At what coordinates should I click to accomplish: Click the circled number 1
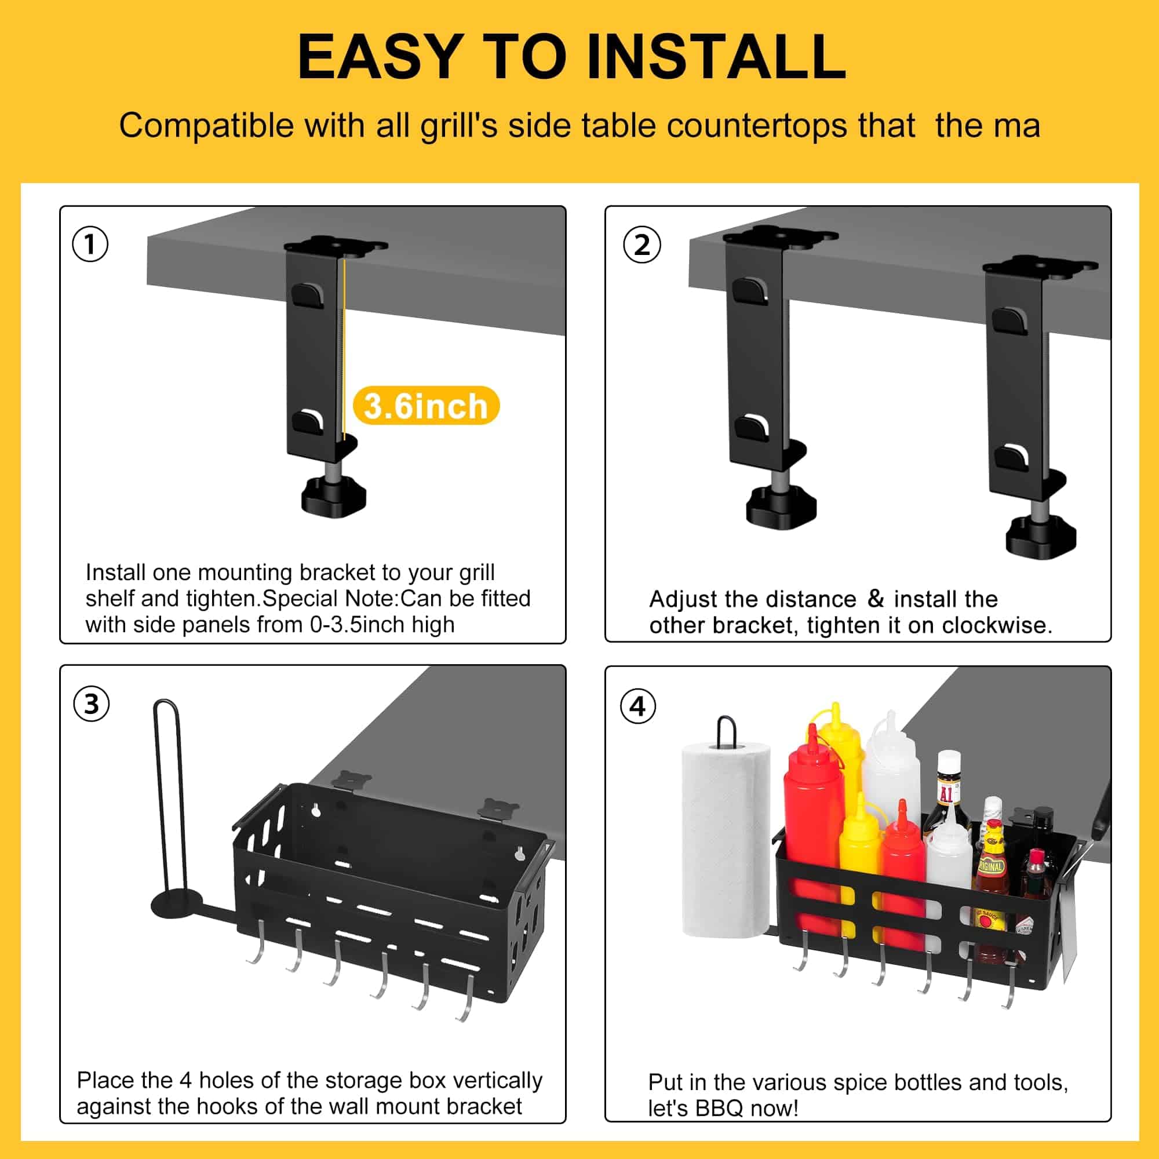coord(90,244)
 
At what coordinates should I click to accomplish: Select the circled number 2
coord(642,245)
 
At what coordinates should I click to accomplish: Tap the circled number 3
coord(91,704)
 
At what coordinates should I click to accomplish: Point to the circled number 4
coord(637,706)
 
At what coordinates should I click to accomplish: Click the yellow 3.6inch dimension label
coord(426,406)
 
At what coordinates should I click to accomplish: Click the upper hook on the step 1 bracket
coord(307,296)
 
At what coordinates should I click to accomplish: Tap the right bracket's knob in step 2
coord(1041,538)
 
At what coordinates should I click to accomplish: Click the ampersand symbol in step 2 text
coord(875,598)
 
